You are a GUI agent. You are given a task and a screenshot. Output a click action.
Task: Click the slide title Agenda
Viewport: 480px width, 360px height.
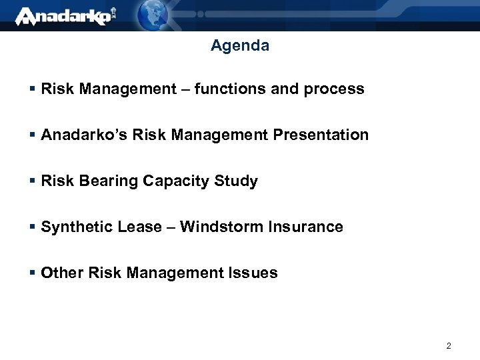tap(240, 46)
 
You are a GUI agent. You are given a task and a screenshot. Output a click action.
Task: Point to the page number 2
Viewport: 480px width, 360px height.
tap(449, 346)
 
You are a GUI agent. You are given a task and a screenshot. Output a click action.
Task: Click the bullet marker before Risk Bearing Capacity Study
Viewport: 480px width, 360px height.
tap(33, 181)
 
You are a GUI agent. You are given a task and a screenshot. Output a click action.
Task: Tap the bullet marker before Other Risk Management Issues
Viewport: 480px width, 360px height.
tap(33, 273)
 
